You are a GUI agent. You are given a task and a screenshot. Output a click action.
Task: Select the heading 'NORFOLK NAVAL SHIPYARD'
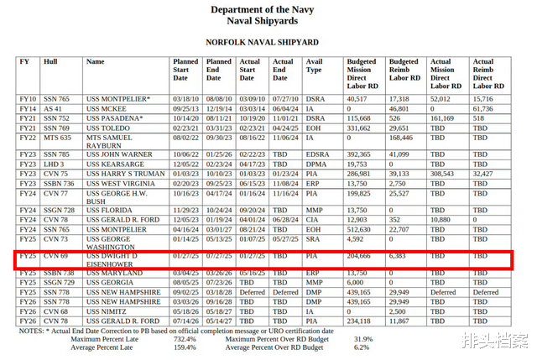(x=263, y=41)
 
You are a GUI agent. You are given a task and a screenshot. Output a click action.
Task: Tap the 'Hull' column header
(x=51, y=61)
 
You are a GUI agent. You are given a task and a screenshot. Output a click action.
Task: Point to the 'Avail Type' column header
(x=315, y=65)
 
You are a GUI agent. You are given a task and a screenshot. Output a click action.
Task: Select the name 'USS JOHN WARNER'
(x=119, y=155)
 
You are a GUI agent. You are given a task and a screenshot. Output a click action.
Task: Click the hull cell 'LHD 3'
(x=55, y=164)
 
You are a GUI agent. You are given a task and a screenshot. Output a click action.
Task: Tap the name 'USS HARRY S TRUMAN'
(x=124, y=174)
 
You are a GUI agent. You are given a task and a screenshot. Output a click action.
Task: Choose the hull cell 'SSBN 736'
(x=59, y=183)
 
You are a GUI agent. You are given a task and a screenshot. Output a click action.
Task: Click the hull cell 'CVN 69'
(x=56, y=254)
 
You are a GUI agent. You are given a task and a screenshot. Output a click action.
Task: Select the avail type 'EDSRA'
(x=317, y=155)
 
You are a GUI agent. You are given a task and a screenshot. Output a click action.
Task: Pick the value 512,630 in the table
(x=362, y=229)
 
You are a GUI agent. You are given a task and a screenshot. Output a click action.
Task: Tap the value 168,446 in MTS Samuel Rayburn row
(x=404, y=138)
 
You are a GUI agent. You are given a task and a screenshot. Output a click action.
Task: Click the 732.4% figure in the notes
(x=185, y=338)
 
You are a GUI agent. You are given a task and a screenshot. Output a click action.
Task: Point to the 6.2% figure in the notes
(x=362, y=347)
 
